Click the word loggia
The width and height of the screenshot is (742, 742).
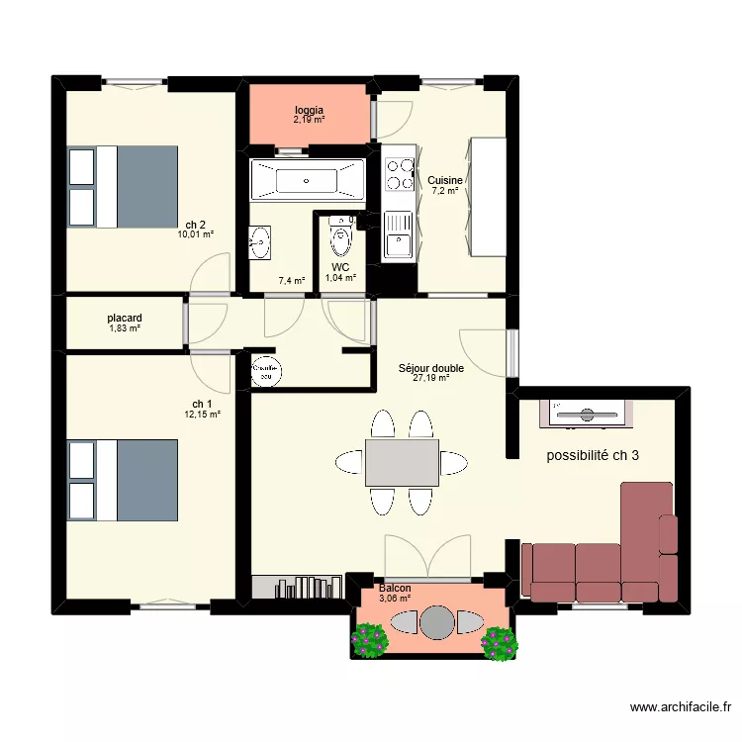[309, 110]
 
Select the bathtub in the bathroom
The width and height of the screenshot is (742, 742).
[307, 180]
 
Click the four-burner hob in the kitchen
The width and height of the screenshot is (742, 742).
[399, 174]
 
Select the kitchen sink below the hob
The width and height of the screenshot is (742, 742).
[399, 235]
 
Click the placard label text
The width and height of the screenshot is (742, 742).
[125, 319]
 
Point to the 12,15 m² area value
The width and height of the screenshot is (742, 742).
[202, 415]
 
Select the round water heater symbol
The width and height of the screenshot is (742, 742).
[265, 369]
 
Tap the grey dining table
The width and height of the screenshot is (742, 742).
[402, 463]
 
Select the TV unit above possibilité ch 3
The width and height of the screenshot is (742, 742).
[584, 413]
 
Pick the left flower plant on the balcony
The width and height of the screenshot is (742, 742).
[371, 640]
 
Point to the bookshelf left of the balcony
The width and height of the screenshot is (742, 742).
[297, 588]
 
